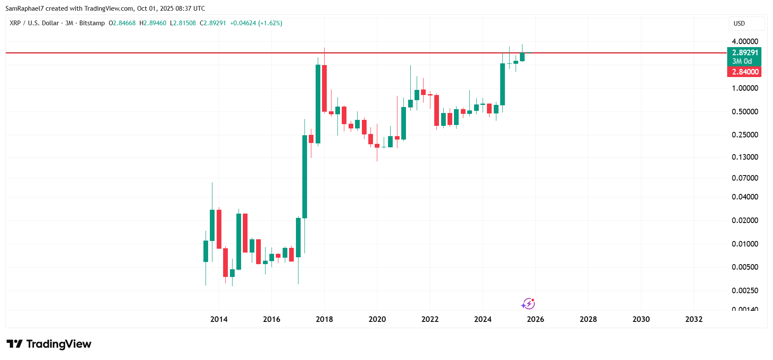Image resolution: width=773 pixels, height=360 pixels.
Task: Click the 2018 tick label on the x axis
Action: pyautogui.click(x=324, y=319)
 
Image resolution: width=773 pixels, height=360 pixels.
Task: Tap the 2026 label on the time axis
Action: pyautogui.click(x=535, y=319)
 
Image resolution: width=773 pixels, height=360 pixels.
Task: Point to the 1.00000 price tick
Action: pyautogui.click(x=745, y=88)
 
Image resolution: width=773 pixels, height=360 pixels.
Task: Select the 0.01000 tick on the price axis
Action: pyautogui.click(x=745, y=244)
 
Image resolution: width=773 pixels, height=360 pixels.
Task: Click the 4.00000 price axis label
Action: pyautogui.click(x=745, y=42)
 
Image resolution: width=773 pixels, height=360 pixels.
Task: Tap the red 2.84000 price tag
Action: pyautogui.click(x=745, y=72)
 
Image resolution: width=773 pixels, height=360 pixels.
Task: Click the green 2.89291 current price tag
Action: pyautogui.click(x=745, y=53)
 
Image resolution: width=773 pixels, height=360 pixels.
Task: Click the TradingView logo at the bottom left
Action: pyautogui.click(x=49, y=344)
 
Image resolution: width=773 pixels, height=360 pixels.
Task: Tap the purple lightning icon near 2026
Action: pyautogui.click(x=528, y=303)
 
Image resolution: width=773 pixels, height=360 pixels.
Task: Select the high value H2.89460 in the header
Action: pyautogui.click(x=153, y=23)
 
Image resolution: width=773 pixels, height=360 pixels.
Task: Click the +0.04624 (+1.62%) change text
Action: pyautogui.click(x=256, y=23)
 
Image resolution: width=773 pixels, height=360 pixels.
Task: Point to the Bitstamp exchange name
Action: pyautogui.click(x=92, y=23)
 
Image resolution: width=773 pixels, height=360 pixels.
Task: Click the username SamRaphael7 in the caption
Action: pyautogui.click(x=24, y=9)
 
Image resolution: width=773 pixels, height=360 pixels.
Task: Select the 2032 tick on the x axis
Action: pyautogui.click(x=694, y=319)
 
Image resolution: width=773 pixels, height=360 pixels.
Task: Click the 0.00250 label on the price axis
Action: pyautogui.click(x=745, y=291)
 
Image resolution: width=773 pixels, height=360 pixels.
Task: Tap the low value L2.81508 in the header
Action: pyautogui.click(x=183, y=23)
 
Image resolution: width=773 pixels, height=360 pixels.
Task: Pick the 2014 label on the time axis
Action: pyautogui.click(x=219, y=319)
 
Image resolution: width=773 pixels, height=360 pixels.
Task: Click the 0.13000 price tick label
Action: pyautogui.click(x=745, y=157)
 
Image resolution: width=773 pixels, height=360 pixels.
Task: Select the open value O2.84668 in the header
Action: pyautogui.click(x=122, y=23)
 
